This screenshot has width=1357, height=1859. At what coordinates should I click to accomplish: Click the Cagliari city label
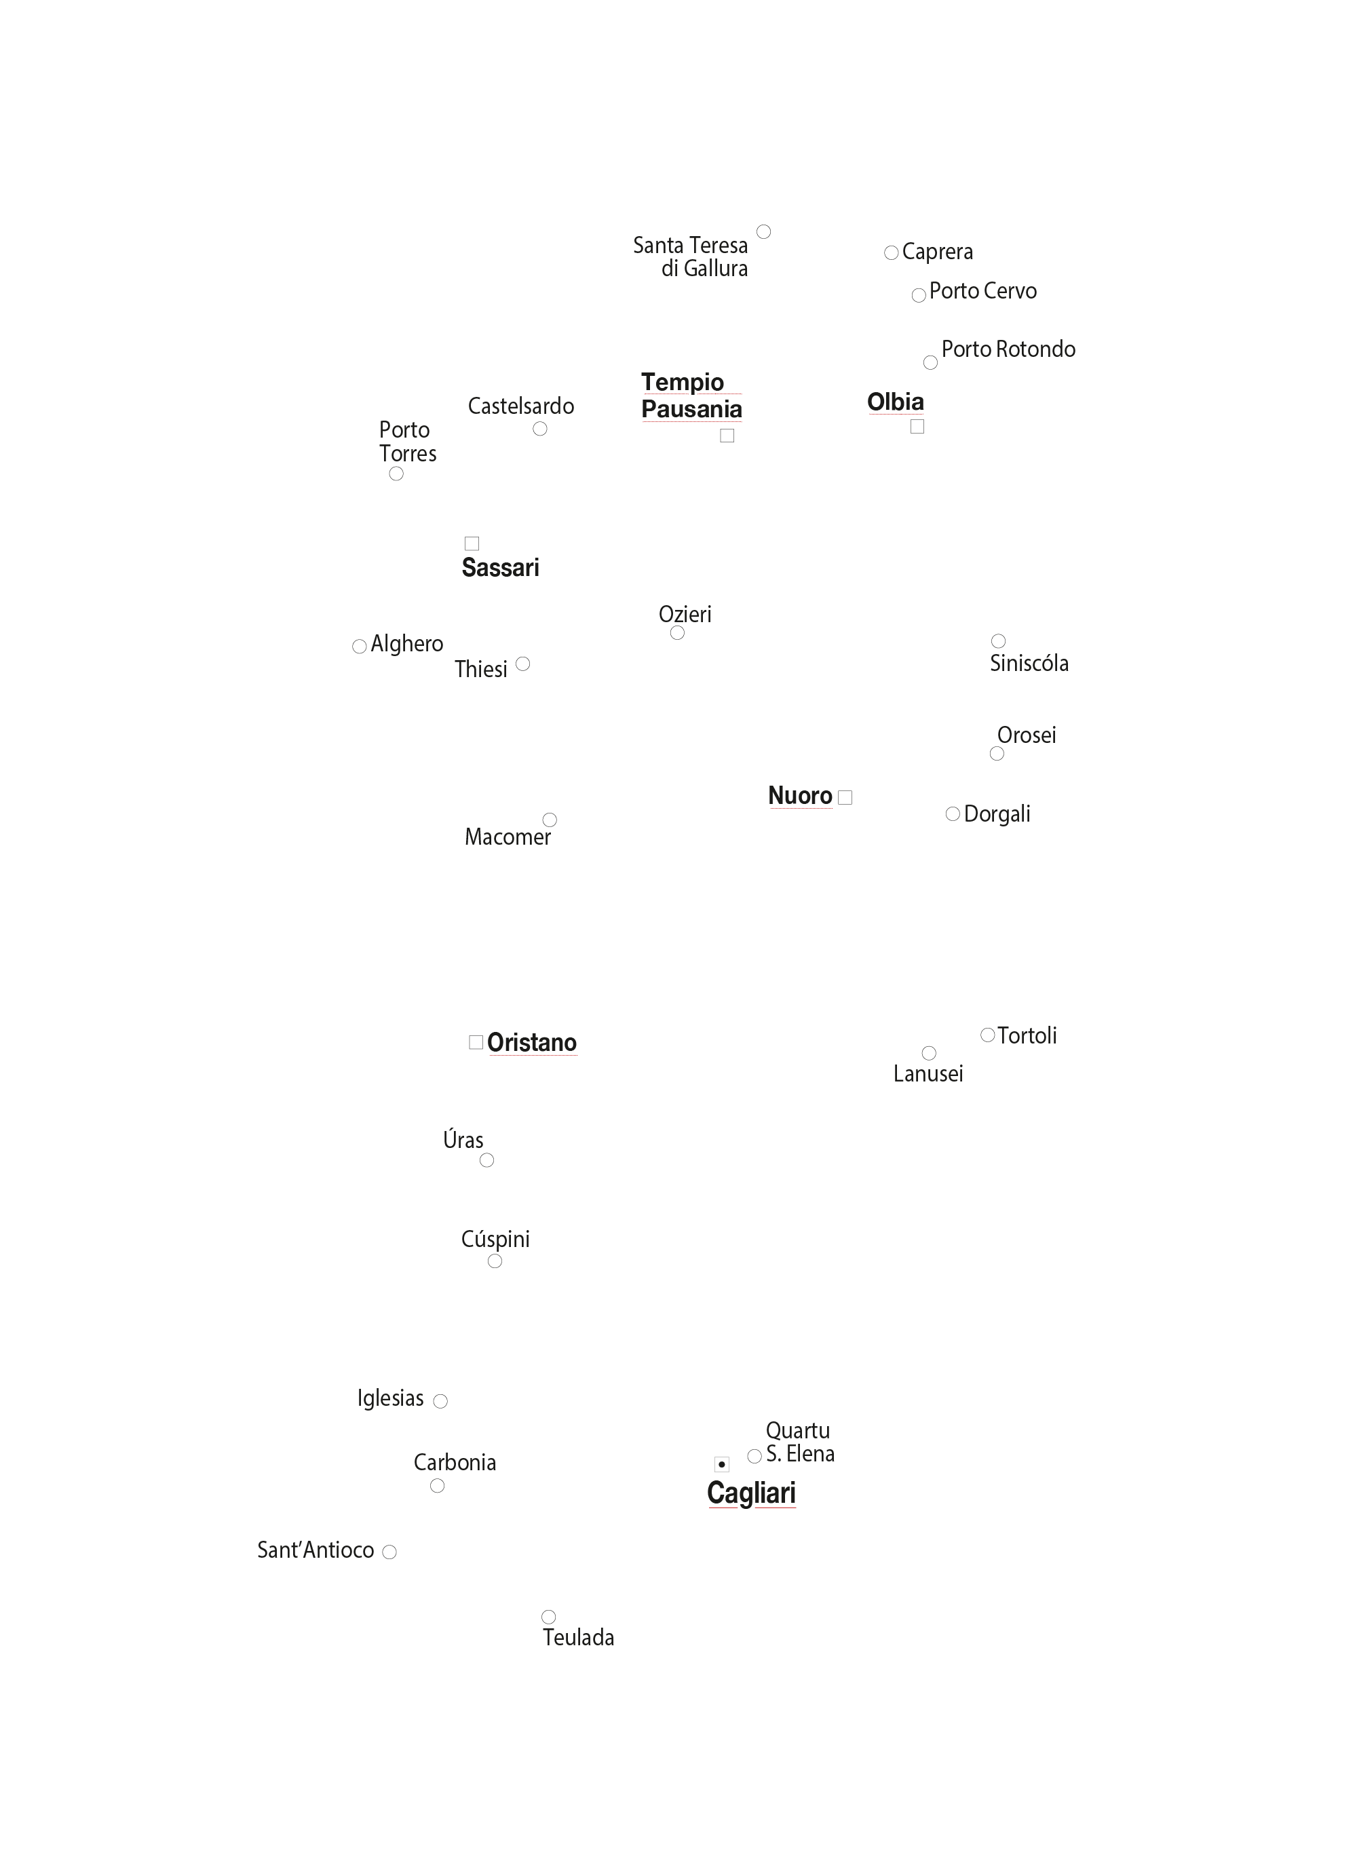coord(751,1493)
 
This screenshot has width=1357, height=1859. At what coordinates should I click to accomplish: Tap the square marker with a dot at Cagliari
coord(722,1464)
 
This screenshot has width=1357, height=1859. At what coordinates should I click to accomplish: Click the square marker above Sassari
coord(472,544)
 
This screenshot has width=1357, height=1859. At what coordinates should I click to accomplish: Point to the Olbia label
coord(896,402)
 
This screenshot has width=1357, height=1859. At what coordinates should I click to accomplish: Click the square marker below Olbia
coord(917,426)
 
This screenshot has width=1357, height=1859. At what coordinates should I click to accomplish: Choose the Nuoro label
coord(800,796)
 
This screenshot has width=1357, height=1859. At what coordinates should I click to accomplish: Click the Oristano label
coord(533,1042)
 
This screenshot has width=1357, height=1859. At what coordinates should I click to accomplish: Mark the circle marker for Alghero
coord(359,647)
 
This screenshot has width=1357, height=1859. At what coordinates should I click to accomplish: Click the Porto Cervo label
coord(983,291)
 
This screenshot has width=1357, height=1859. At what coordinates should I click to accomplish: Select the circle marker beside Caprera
coord(892,253)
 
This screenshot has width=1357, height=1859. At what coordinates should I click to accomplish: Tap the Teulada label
coord(578,1637)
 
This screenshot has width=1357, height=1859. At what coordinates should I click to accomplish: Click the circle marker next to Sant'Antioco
coord(389,1552)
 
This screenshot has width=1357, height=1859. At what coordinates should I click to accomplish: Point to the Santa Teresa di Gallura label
coord(690,257)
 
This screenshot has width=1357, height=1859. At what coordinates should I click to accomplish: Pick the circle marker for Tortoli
coord(988,1035)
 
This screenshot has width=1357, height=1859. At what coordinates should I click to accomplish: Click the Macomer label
coord(508,837)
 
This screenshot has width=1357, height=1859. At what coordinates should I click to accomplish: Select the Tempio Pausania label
coord(691,396)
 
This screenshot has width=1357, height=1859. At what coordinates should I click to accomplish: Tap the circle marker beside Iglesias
coord(440,1402)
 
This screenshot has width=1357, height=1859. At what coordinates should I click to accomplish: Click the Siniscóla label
coord(1029,663)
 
